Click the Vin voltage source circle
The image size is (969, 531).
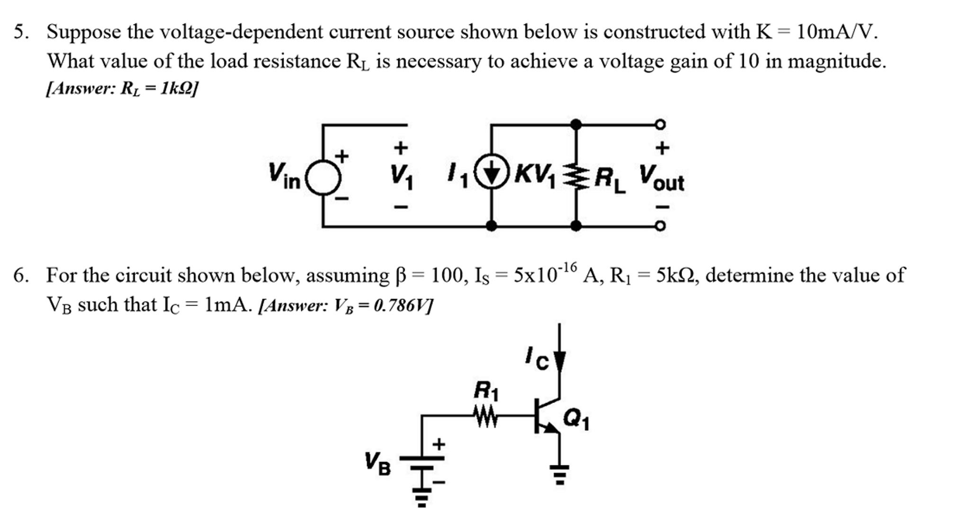pos(323,178)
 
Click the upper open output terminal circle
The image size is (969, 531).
pos(660,125)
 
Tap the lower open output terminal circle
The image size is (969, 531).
pos(660,226)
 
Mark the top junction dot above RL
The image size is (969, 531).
pos(575,125)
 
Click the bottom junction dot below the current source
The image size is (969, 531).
pos(492,226)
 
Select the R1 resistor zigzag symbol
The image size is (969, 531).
pos(485,418)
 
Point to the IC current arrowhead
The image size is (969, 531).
pos(560,361)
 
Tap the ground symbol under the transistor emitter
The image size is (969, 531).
pos(560,474)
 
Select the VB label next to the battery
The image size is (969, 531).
pos(377,464)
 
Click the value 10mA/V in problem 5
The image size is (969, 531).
pos(835,32)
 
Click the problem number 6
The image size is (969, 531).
pos(20,275)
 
